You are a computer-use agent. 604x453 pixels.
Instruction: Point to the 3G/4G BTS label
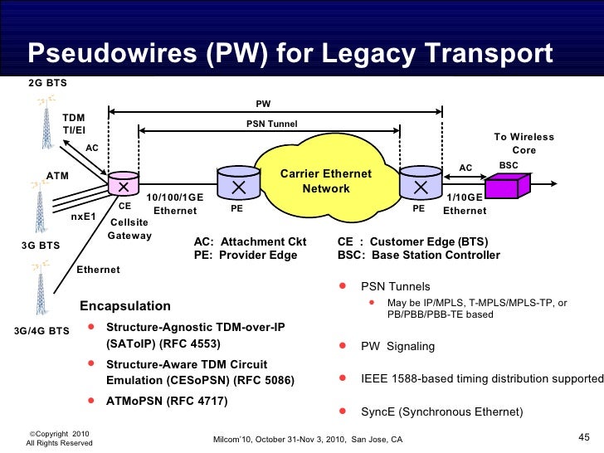(41, 331)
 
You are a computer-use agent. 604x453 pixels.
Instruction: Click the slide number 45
(582, 437)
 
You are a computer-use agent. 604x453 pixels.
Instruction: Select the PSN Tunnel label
(271, 124)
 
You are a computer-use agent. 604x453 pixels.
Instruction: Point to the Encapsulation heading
(124, 306)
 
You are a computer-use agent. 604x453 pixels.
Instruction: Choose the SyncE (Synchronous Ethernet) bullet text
(441, 412)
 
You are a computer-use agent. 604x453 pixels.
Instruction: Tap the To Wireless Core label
(524, 144)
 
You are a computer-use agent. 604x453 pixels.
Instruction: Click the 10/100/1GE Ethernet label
(175, 204)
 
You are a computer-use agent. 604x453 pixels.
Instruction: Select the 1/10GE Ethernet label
(464, 204)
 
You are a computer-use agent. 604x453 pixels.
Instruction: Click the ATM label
(57, 176)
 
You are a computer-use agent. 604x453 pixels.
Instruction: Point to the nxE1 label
(84, 217)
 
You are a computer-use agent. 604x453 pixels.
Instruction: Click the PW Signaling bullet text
(405, 348)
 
